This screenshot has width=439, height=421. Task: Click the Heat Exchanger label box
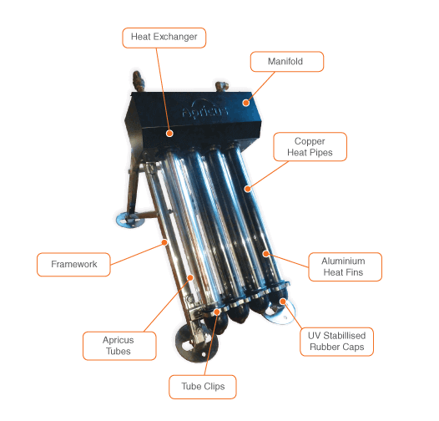pos(164,38)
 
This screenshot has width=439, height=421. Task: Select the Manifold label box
pos(287,61)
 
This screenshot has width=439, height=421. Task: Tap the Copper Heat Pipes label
pos(310,146)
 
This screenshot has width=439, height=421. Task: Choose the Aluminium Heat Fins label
pos(345,266)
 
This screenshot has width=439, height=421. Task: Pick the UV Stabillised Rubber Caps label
pos(336,342)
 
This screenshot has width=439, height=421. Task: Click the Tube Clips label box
pos(203,387)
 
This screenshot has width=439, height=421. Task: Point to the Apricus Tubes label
pos(119,346)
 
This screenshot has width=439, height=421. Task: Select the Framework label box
pos(73,264)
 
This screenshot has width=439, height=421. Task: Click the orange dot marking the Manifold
pos(246,103)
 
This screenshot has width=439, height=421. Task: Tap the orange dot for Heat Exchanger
pos(169,133)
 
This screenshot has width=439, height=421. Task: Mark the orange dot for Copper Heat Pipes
pos(247,189)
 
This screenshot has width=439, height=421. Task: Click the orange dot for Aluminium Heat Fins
pos(266,254)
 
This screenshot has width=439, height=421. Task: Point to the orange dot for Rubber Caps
pos(283,302)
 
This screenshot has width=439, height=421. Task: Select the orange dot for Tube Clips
pos(217,312)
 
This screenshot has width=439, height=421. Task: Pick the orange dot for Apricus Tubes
pos(190,277)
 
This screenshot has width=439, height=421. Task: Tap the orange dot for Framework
pos(165,242)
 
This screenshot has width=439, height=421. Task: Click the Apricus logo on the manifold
pos(205,109)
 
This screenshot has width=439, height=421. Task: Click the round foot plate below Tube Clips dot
pos(196,344)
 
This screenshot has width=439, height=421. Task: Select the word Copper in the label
pos(310,141)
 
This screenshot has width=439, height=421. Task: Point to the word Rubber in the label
pos(322,347)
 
